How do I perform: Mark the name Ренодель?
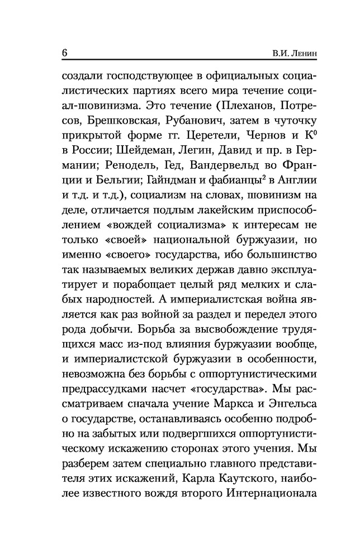[122, 167]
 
